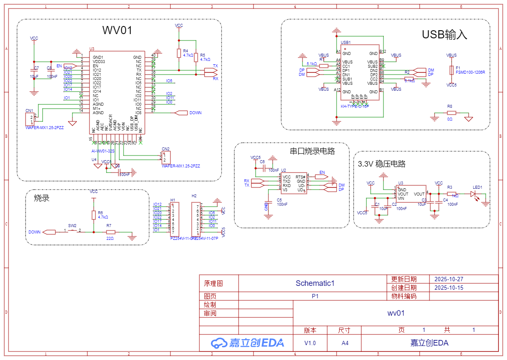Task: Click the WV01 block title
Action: [x=117, y=30]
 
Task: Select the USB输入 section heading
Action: [x=444, y=35]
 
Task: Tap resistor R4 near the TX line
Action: [x=179, y=53]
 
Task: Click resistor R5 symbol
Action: [x=196, y=57]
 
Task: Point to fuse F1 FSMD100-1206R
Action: [x=452, y=70]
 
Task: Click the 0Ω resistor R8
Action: [x=452, y=113]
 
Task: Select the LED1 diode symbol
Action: [x=473, y=194]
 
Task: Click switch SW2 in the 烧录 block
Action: [x=72, y=231]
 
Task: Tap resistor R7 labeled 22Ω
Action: [x=110, y=232]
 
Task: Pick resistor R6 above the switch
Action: [x=94, y=215]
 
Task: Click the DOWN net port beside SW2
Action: [x=49, y=232]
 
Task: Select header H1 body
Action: [x=175, y=219]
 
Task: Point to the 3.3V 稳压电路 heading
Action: [x=381, y=164]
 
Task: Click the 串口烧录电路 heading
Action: [x=312, y=151]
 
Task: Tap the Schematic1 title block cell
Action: [x=315, y=283]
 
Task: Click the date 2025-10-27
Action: [x=448, y=279]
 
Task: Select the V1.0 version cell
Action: [x=310, y=343]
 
